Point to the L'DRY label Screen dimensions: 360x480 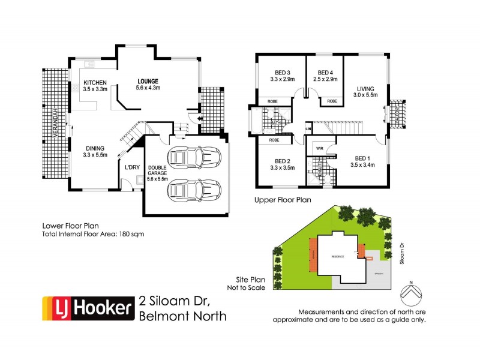[x=131, y=167]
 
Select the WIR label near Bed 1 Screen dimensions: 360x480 [x=320, y=148]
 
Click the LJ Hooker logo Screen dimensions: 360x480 [x=86, y=308]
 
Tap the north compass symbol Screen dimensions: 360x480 [x=410, y=292]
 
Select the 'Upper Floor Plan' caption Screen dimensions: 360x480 [x=283, y=200]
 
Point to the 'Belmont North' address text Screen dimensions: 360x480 [x=182, y=316]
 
